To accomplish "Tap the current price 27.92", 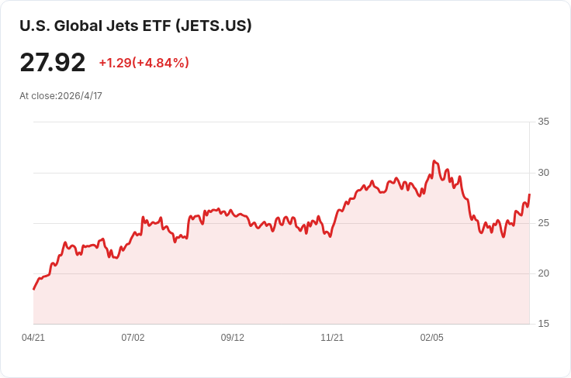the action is click(53, 63).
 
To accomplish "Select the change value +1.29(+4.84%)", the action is click(144, 63).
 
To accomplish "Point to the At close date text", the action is click(61, 96).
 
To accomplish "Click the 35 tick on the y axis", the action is click(543, 122).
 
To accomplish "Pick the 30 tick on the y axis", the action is click(543, 173).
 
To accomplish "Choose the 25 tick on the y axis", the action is click(543, 223).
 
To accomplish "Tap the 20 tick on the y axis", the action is click(543, 273).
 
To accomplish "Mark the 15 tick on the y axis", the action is click(543, 324).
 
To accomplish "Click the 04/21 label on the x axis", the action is click(33, 338).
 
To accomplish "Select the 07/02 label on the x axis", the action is click(133, 338).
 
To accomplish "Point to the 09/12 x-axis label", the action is click(232, 338).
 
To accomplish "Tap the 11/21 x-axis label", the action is click(332, 338).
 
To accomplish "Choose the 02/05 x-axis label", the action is click(432, 338).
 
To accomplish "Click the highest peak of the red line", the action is click(434, 160).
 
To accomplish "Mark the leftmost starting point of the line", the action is click(34, 290).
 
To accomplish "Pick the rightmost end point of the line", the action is click(529, 194).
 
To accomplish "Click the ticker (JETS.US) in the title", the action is click(213, 26).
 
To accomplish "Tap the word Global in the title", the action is click(78, 26).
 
